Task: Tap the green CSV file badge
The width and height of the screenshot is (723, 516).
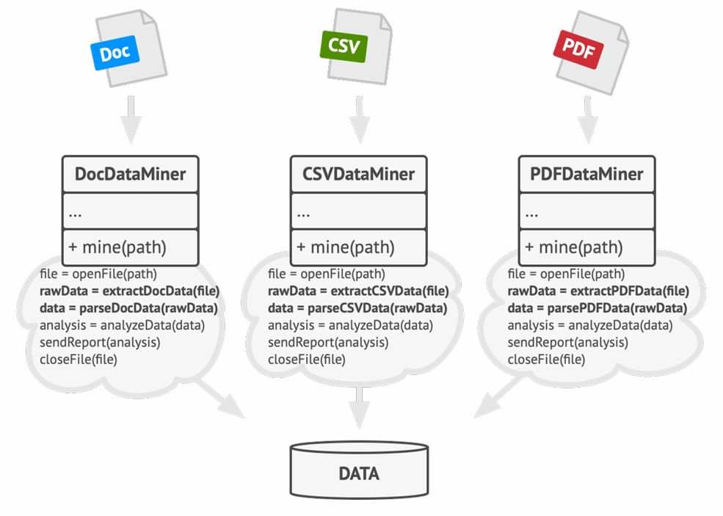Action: (344, 46)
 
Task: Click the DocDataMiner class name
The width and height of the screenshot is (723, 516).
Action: (130, 174)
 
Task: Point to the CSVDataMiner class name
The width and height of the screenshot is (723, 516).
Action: (358, 174)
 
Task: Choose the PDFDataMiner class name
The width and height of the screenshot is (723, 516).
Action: (586, 174)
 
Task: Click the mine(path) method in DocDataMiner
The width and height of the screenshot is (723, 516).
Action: (117, 247)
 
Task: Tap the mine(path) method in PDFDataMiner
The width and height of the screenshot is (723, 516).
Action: (574, 247)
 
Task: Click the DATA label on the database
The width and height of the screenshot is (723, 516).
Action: (359, 473)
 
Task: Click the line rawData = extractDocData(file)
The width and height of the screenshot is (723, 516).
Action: (130, 291)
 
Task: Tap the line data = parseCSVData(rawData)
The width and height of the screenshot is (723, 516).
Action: (357, 308)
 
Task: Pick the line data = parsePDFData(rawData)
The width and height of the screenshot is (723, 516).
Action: (597, 308)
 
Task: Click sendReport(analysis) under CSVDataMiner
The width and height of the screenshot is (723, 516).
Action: (328, 342)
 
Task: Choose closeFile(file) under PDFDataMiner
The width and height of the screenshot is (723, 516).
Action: (546, 360)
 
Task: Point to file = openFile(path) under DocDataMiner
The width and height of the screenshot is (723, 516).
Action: (98, 275)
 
